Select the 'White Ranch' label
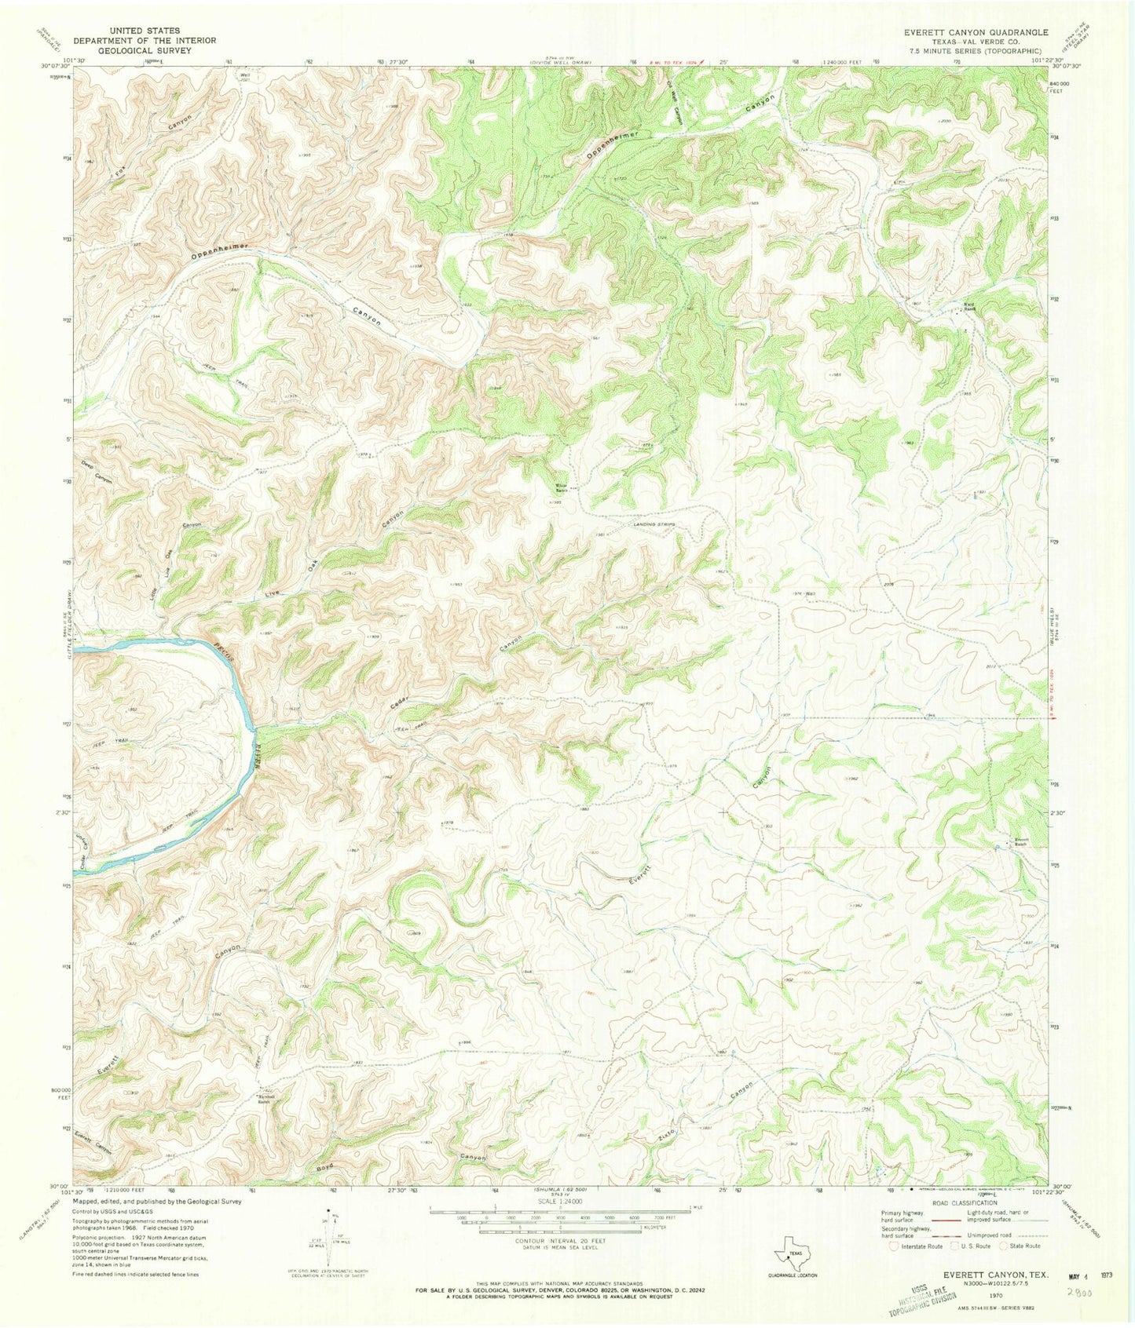coord(562,487)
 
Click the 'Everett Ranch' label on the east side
coord(1019,841)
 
